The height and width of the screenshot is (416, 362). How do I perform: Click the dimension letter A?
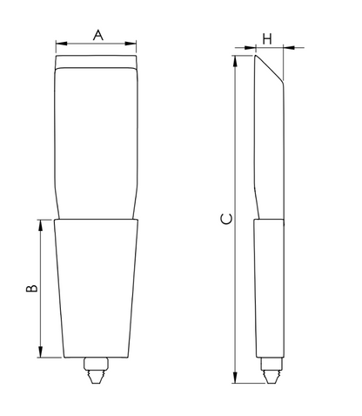tap(98, 35)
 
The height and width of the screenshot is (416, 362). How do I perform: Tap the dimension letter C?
tap(225, 219)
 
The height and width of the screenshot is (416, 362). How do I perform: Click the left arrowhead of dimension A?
tap(58, 44)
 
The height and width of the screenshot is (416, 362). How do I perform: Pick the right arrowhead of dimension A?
tap(134, 44)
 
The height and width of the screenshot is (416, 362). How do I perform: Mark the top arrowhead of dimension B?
tap(40, 223)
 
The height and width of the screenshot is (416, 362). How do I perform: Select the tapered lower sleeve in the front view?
tap(96, 288)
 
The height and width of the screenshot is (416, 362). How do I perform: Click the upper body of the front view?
tap(96, 140)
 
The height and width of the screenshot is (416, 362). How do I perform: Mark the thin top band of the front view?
tap(96, 64)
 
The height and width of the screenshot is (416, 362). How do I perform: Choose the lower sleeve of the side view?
tap(269, 288)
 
